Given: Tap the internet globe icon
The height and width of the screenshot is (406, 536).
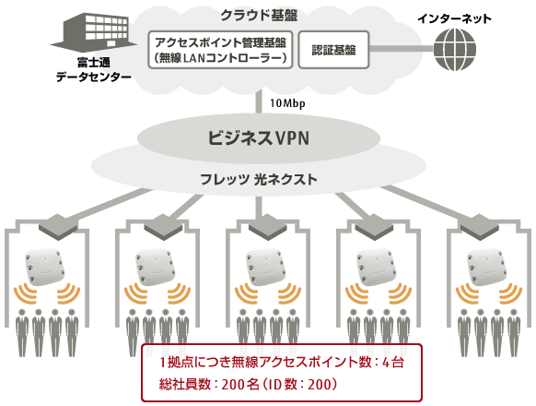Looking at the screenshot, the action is tap(455, 50).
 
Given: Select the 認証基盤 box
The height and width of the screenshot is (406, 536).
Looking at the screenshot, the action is tap(333, 50).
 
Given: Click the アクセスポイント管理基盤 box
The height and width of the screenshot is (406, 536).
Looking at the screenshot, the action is tap(220, 50).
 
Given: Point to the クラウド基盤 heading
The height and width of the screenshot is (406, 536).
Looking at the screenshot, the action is tap(259, 16).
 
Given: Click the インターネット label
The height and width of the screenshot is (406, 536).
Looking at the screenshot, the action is tap(454, 18).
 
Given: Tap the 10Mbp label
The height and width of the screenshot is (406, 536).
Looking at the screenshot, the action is tap(287, 103).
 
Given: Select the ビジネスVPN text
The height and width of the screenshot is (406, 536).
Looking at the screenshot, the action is tap(259, 138).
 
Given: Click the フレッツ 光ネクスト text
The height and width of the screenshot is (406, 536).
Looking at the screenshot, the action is tap(259, 179).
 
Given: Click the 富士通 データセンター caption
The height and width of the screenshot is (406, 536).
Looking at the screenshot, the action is tap(94, 69).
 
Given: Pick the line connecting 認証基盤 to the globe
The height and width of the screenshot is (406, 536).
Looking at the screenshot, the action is tap(402, 49).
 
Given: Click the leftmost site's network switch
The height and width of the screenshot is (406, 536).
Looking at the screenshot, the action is tap(58, 227).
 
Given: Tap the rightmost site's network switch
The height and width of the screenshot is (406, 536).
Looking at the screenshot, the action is tap(480, 227).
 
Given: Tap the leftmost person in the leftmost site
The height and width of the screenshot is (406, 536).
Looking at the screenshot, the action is tap(22, 333).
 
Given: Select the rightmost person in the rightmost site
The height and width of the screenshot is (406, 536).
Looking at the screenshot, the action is tap(514, 333).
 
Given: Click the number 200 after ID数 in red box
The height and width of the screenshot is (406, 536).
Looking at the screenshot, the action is tap(320, 385).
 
